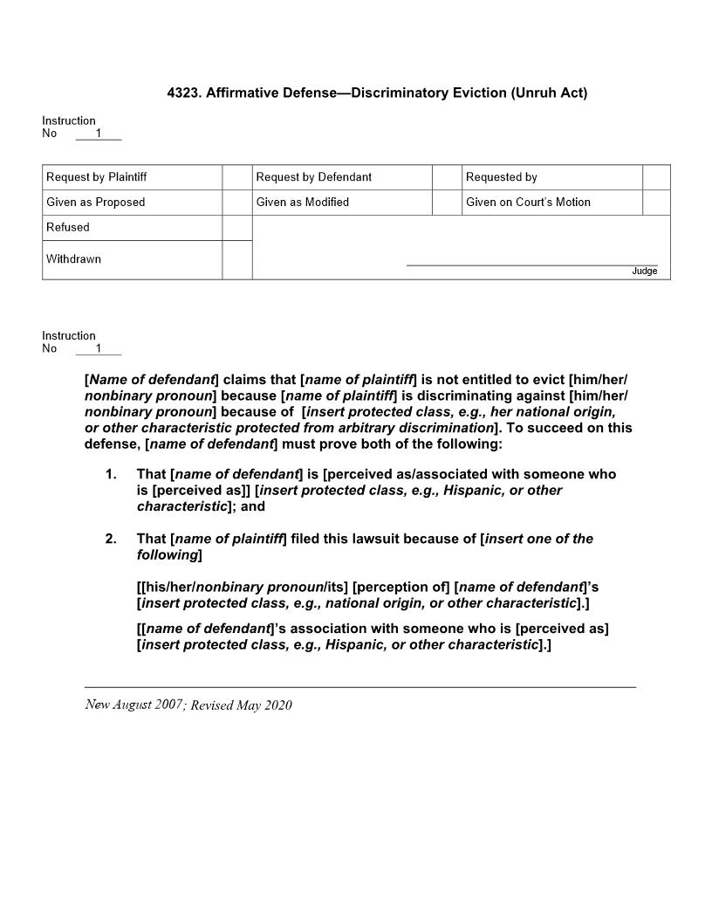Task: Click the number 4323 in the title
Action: click(x=183, y=93)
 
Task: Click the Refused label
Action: click(x=68, y=227)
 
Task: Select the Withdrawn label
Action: click(x=73, y=259)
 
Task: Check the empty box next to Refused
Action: click(x=236, y=228)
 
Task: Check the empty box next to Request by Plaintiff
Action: click(x=236, y=177)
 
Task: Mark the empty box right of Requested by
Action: click(x=656, y=177)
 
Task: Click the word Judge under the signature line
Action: click(x=645, y=272)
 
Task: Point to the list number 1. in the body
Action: click(x=111, y=474)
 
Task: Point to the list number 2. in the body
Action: click(x=111, y=539)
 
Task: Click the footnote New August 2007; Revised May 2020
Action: click(x=188, y=705)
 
